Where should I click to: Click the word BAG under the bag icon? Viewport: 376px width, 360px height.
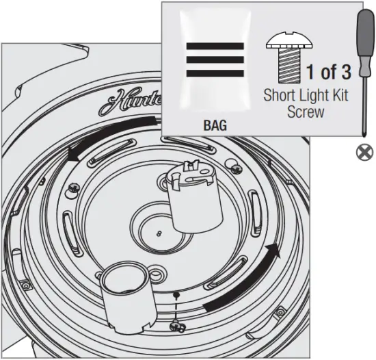click(x=215, y=127)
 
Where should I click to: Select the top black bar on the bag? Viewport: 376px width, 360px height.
click(x=215, y=47)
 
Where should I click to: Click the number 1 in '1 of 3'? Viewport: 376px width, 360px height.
click(x=311, y=72)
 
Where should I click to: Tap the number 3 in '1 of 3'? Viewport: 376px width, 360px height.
click(x=346, y=72)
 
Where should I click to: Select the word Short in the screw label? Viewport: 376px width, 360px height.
click(x=280, y=95)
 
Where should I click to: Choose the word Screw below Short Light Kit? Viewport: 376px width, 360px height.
click(x=306, y=111)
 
